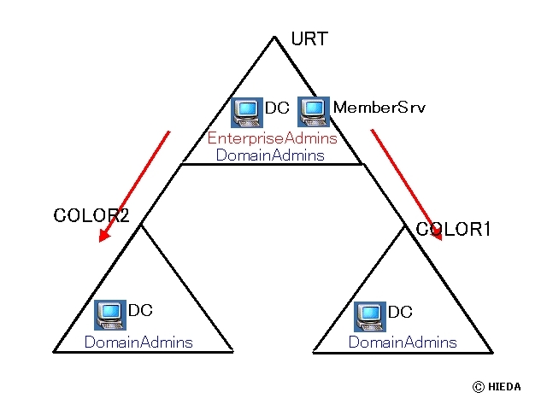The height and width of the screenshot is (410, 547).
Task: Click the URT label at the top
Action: coord(309,39)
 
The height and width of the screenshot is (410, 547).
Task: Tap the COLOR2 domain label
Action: coord(91,216)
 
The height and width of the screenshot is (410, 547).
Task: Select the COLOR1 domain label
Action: coord(453,230)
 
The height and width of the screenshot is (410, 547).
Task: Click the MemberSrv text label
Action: coord(379,108)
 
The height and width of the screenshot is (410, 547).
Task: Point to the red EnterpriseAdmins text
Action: coord(272,138)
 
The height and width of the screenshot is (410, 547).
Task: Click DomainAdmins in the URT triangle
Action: coord(270,155)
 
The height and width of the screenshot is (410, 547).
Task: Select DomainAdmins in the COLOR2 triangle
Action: coord(138,342)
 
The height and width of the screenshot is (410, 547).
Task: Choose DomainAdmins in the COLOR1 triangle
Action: coord(403,342)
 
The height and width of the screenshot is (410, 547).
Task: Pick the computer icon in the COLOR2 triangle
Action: coord(109,315)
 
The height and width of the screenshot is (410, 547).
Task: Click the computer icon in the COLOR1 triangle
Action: coord(370,315)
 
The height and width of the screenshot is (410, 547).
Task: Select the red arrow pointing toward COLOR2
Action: coord(134,186)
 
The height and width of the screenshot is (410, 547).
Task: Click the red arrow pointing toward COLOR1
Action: coord(407,184)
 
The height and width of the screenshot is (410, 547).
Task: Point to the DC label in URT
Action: coord(277,108)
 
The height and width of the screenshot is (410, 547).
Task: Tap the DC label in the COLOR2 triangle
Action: coord(140,311)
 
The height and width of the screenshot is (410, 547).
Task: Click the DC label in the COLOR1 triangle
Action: coord(400,313)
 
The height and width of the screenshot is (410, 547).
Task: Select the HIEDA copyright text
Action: coord(505,386)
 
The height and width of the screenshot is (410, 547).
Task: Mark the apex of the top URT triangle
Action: coord(274,37)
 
